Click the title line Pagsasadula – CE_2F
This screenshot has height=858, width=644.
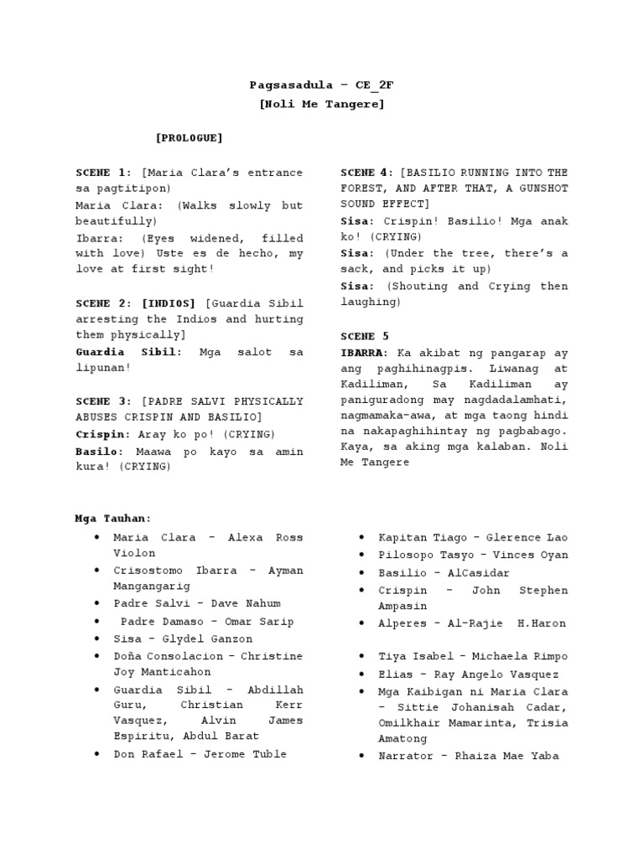pyautogui.click(x=322, y=85)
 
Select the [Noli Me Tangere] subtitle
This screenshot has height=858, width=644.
pyautogui.click(x=322, y=104)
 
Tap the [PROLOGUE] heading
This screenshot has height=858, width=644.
pyautogui.click(x=189, y=137)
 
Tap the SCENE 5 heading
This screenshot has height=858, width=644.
pyautogui.click(x=358, y=336)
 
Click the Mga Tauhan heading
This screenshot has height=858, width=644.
pyautogui.click(x=113, y=519)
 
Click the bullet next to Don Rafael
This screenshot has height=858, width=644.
pyautogui.click(x=97, y=754)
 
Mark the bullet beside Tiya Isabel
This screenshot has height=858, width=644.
pyautogui.click(x=361, y=656)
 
